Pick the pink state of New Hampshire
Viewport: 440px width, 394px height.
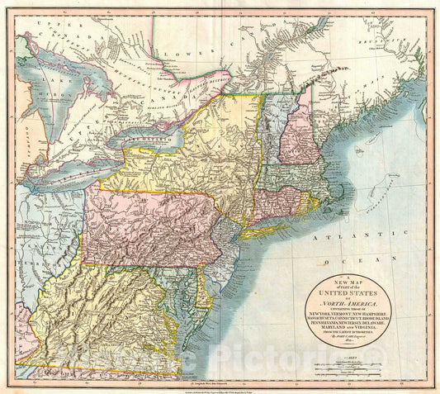pyautogui.click(x=296, y=132)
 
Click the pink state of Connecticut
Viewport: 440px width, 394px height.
pyautogui.click(x=277, y=198)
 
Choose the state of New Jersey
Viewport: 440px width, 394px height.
pyautogui.click(x=221, y=252)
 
